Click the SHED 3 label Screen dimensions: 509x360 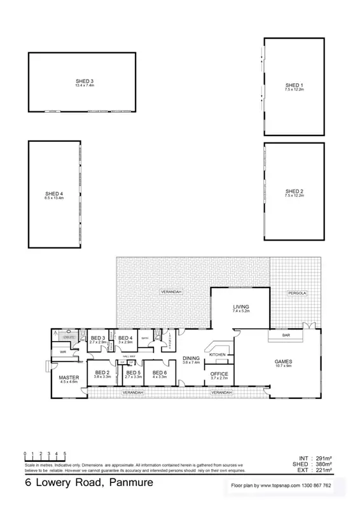84,81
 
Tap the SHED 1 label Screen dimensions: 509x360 294,85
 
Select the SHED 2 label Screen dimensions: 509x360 294,192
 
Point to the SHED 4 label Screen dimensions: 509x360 54,193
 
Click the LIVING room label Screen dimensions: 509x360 241,307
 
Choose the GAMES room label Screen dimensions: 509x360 283,361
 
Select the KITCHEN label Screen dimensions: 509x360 218,354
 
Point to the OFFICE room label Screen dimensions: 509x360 219,373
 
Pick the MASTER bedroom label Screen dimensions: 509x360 69,377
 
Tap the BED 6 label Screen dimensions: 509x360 160,372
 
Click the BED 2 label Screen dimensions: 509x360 102,372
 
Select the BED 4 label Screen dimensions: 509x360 125,338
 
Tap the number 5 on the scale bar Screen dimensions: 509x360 65,453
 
